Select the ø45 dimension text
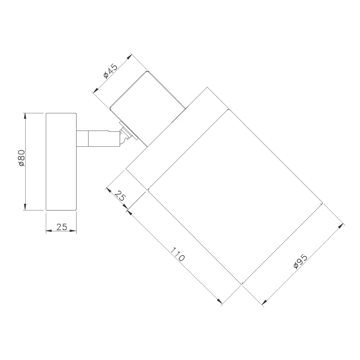pyautogui.click(x=110, y=71)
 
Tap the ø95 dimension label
pyautogui.click(x=301, y=261)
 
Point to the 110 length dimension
pyautogui.click(x=177, y=254)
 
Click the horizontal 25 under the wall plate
pyautogui.click(x=62, y=227)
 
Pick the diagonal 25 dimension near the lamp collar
pyautogui.click(x=120, y=196)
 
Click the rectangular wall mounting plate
pyautogui.click(x=61, y=161)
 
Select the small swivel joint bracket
pyautogui.click(x=126, y=135)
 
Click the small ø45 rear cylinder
pyautogui.click(x=147, y=108)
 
